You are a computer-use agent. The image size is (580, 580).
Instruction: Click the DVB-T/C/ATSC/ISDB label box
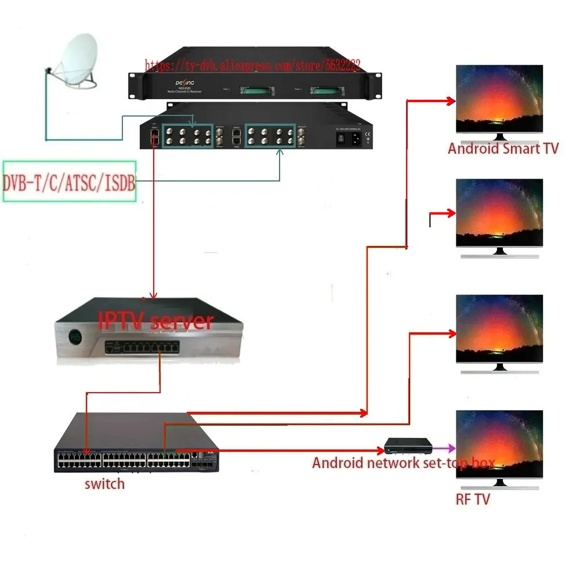coord(69,182)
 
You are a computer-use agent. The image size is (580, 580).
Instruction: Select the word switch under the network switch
coord(104,483)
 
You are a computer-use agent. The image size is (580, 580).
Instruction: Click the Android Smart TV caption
coord(503,148)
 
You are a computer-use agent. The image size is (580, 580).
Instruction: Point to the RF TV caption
coord(472,499)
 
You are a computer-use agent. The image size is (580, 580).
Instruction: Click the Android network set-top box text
coord(403,463)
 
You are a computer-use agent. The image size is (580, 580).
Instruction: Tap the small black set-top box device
coord(409,447)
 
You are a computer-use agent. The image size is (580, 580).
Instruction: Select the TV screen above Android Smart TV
coord(499,99)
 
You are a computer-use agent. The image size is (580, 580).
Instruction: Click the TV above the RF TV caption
coord(499,444)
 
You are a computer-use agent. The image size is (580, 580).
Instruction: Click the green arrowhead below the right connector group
coord(280,152)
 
